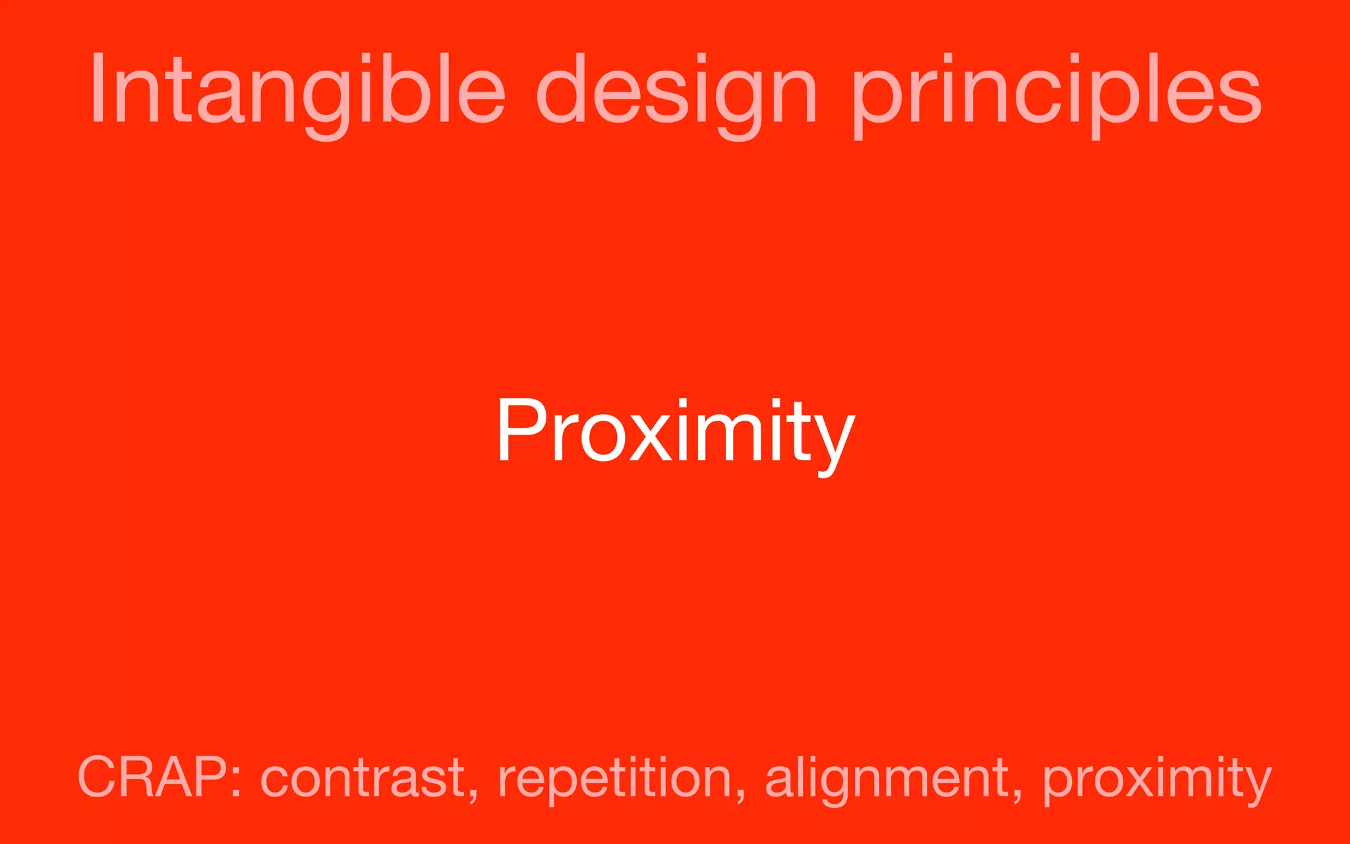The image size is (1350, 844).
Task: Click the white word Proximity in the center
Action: (676, 432)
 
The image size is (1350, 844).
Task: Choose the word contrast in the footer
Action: (363, 778)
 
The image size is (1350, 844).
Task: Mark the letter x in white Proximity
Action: (653, 438)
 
